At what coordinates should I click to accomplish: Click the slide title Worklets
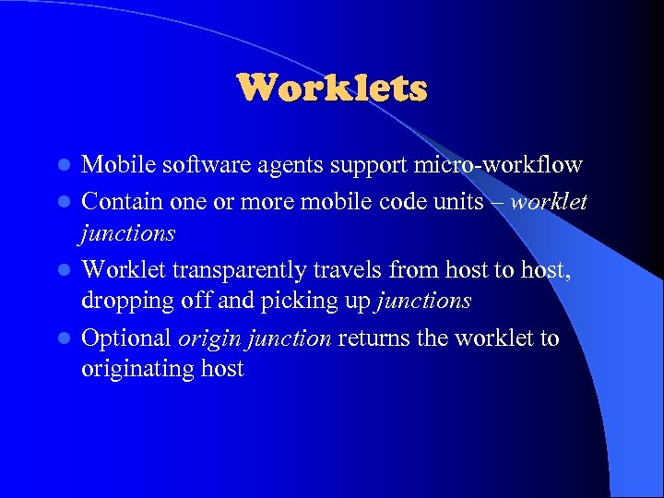click(332, 89)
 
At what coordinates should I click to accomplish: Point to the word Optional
click(126, 338)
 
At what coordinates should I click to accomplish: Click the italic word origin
click(206, 338)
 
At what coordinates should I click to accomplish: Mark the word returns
click(374, 338)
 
